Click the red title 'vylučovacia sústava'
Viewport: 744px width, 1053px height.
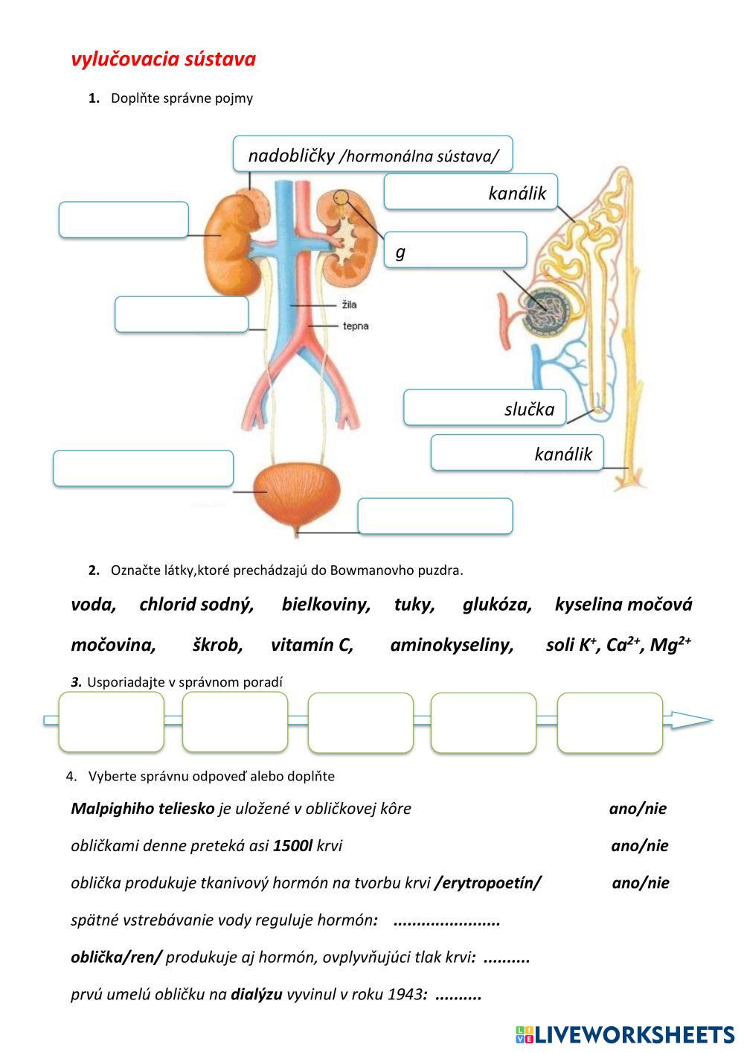pos(164,60)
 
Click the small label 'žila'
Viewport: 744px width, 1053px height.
pos(349,305)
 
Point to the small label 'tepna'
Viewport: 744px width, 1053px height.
pos(356,325)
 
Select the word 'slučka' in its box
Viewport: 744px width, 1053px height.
pos(529,410)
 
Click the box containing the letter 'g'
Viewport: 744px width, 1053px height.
pos(455,250)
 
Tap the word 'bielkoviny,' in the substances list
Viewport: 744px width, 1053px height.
pos(326,604)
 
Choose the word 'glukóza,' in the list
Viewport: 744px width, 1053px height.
pos(497,604)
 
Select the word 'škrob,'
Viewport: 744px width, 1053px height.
pos(217,644)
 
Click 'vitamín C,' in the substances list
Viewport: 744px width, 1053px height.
pos(312,644)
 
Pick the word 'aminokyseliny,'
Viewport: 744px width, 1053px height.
pos(452,645)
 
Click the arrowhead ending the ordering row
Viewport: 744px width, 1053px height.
pos(693,720)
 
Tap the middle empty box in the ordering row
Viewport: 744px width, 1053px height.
pos(361,722)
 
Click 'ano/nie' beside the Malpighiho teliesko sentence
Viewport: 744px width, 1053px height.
pos(638,809)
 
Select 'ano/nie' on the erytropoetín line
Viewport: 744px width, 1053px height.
pos(640,882)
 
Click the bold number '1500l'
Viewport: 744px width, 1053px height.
pos(292,846)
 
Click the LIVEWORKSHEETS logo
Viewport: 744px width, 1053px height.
pos(625,1035)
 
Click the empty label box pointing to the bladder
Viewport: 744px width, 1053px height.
pos(144,468)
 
